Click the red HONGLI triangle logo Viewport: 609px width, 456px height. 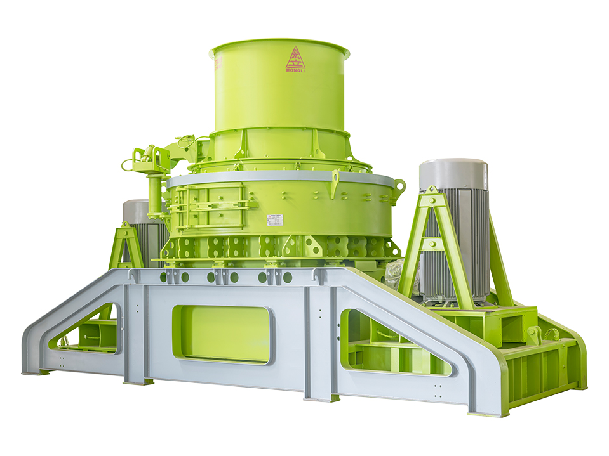[x=295, y=60]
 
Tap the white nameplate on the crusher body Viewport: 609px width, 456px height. [x=275, y=220]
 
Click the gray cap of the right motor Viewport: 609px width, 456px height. [x=453, y=173]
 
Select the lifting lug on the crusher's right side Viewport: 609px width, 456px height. [x=399, y=186]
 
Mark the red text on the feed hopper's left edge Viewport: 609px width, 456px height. [x=217, y=65]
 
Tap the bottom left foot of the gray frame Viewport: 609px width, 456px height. [x=35, y=370]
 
